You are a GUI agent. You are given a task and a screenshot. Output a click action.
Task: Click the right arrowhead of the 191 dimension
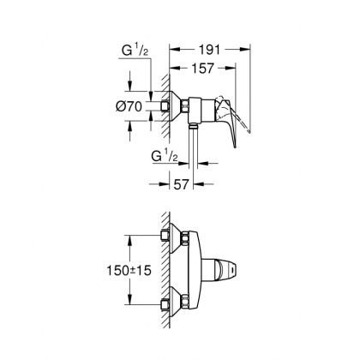click(249, 50)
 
